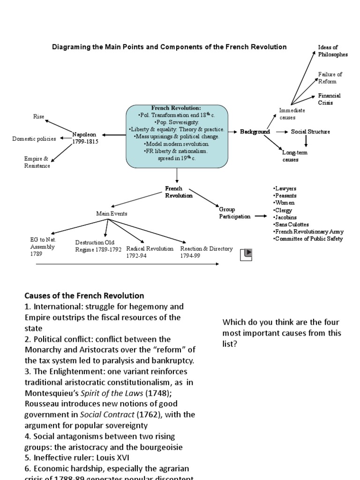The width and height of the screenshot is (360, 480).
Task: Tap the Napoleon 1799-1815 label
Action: click(x=85, y=138)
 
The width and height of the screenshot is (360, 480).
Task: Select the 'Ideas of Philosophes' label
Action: click(x=332, y=51)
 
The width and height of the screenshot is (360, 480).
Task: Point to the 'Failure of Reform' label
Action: click(x=330, y=78)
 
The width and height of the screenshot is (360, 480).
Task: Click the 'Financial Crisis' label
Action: click(x=329, y=99)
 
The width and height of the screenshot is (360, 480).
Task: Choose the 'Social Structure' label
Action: click(x=310, y=132)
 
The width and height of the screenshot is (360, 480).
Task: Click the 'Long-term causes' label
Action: click(x=290, y=156)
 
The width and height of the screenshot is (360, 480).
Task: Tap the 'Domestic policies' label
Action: click(x=34, y=139)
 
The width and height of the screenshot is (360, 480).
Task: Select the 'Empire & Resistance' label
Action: click(x=37, y=162)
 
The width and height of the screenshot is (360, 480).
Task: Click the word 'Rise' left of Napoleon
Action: click(x=38, y=116)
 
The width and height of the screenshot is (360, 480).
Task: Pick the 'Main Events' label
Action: click(x=112, y=213)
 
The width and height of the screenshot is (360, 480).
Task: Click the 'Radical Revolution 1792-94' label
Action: click(x=150, y=252)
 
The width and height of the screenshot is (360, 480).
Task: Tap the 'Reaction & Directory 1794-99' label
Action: click(x=206, y=252)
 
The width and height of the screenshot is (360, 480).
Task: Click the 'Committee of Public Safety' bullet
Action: click(x=307, y=239)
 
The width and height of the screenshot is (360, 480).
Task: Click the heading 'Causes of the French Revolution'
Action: click(x=84, y=296)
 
